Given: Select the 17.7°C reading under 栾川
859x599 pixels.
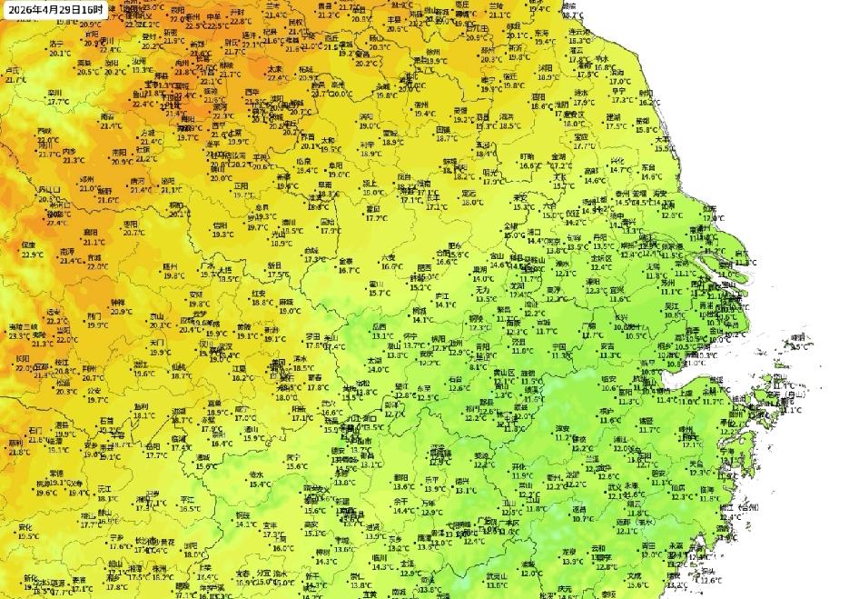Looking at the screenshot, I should click(59, 101).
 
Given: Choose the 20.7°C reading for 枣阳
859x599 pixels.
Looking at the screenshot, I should click(133, 233).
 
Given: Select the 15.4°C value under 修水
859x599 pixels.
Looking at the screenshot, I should click(259, 484).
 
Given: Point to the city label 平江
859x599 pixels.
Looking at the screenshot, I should click(188, 500).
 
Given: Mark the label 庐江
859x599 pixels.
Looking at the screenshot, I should click(443, 296).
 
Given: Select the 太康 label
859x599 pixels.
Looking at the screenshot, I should click(275, 69).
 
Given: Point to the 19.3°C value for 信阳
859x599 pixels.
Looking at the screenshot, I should click(222, 234).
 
